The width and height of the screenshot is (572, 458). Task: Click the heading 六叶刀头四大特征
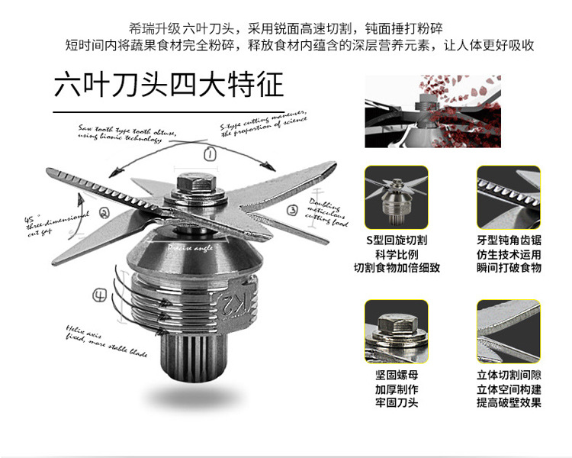point(169,83)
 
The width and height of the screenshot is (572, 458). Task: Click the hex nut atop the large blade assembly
point(194,184)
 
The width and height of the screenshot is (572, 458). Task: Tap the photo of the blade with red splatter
point(432,110)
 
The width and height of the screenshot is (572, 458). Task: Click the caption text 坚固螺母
point(397,376)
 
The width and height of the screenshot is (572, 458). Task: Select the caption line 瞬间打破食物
point(509,268)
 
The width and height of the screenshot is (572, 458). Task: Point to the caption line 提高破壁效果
point(509,403)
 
